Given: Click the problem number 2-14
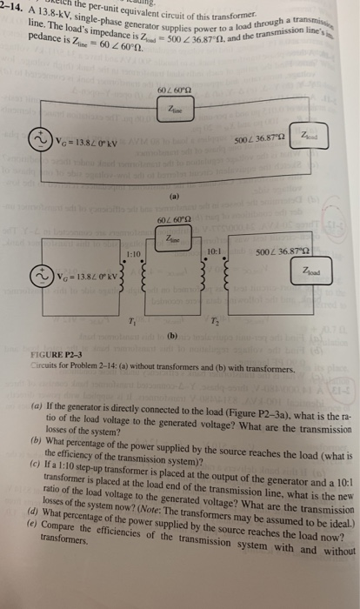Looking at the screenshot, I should click(12, 8).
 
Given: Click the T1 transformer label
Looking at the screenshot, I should click(110, 320).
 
